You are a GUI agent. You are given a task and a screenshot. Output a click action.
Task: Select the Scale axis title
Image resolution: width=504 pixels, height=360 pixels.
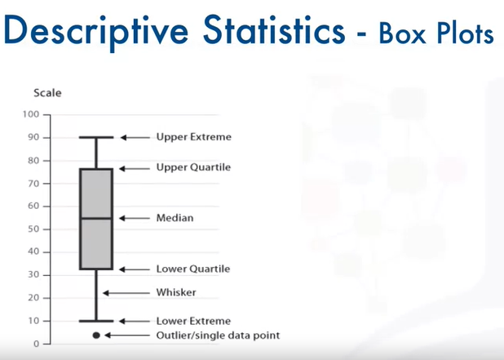coord(47,93)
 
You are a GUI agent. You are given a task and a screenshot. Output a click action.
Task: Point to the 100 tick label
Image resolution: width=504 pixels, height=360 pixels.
coord(31,114)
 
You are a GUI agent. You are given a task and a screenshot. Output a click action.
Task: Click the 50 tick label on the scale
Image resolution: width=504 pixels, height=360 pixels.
coord(33,229)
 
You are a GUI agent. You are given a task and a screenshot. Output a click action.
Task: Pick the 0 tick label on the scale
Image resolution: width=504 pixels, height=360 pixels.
coord(36,344)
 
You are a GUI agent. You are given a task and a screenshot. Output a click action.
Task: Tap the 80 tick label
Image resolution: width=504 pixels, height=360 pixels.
coord(33,160)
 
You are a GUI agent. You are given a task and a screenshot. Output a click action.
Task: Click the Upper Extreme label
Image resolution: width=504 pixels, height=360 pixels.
coord(193,137)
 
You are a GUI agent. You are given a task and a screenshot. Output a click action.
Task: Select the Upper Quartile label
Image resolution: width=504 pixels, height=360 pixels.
coord(193,167)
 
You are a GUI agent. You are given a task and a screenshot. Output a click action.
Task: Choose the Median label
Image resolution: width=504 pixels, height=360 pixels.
coord(175,219)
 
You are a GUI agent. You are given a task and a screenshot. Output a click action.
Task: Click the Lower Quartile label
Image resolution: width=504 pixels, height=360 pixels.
coord(193,269)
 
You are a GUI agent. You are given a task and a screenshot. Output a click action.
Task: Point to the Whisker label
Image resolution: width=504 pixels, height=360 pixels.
coord(176,292)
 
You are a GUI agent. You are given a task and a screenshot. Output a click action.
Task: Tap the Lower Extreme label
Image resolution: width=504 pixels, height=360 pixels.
coord(193,321)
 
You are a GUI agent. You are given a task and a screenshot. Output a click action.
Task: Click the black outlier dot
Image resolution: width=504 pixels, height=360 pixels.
coord(96,335)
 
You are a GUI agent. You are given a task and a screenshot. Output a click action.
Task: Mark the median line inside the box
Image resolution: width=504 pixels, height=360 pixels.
coord(96,218)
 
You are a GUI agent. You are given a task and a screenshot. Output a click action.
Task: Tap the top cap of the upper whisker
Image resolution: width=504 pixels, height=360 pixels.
coord(96,137)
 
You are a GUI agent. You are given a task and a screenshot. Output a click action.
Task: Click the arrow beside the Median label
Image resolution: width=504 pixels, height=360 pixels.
coord(134,219)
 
